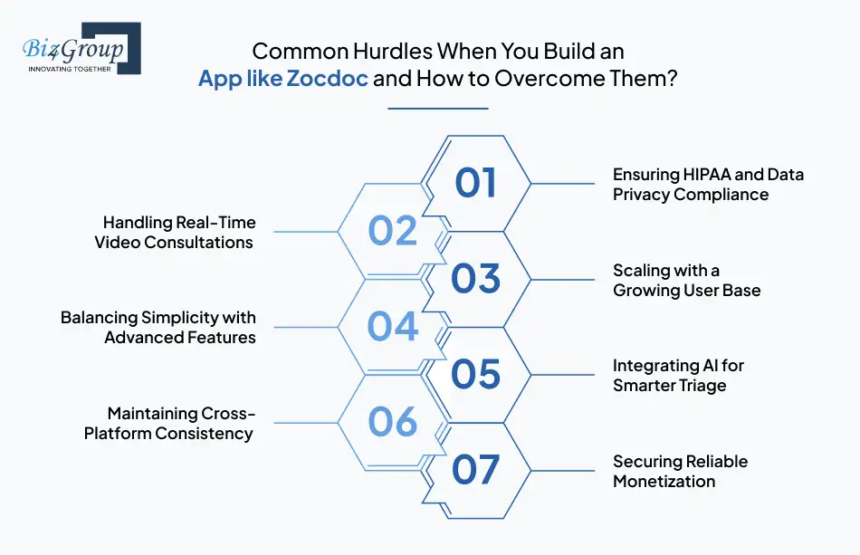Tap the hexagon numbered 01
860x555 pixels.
(476, 183)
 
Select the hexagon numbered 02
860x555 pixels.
(392, 231)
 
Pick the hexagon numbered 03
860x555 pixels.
(476, 279)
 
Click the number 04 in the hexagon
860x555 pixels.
(392, 327)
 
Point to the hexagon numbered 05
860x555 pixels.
(476, 374)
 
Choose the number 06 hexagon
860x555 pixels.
(392, 422)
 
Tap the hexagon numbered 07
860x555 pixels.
(476, 470)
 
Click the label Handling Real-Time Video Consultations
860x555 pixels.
(177, 232)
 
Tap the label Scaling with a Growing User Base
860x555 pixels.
(686, 280)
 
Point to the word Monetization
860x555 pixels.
(664, 482)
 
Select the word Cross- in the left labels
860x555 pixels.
(230, 414)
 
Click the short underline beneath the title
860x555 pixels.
(437, 109)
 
